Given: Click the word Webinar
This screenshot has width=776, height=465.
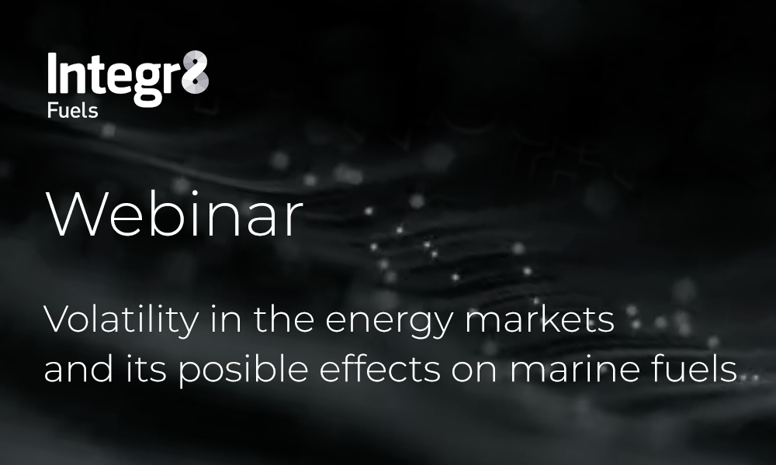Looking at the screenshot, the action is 174,215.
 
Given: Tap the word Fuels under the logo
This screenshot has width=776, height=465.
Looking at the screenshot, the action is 72,111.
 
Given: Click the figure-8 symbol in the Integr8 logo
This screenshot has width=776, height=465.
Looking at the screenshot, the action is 195,72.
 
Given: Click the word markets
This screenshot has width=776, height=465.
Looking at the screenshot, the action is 539,320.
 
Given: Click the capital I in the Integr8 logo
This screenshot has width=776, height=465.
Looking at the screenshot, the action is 52,73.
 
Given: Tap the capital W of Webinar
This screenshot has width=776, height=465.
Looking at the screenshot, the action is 74,215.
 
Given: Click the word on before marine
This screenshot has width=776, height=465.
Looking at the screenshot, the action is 473,371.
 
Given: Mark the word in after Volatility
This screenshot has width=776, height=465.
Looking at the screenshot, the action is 226,320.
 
